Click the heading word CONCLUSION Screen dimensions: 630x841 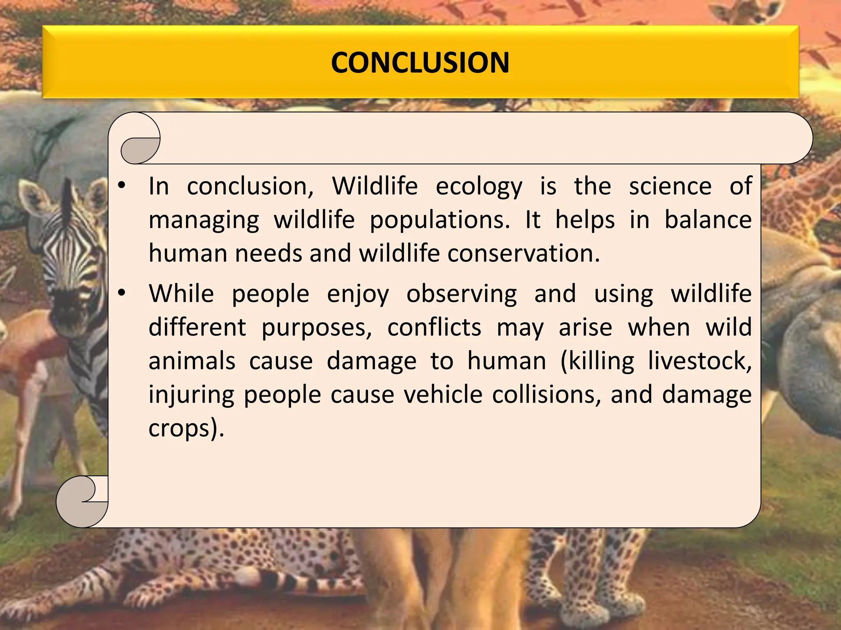coord(420,63)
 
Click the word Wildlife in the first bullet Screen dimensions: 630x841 coord(375,186)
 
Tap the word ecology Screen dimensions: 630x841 coord(479,187)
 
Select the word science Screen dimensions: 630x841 coord(670,186)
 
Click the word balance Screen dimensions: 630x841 coord(708,220)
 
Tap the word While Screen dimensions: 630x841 coord(181,294)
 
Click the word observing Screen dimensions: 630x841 coord(462,294)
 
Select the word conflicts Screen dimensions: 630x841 coord(434,328)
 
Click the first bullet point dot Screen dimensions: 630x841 coord(122,186)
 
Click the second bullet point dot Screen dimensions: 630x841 coord(122,293)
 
